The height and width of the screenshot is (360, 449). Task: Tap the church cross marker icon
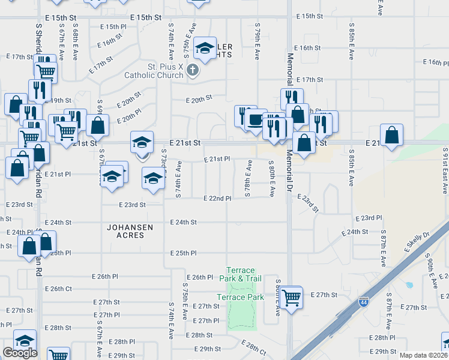pos(192,71)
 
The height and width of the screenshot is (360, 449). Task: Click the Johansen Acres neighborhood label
pos(126,231)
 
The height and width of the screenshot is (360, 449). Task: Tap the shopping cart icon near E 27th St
pos(291,296)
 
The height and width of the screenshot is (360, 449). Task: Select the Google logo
pos(20,353)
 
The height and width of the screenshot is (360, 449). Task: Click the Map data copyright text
pos(424,355)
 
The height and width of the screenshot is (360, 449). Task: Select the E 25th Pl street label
pos(184,253)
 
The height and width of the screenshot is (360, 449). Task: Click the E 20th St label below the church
pos(199,98)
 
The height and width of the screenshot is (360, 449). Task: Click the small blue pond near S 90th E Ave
pos(409,285)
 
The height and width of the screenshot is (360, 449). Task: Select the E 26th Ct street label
pos(61,289)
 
